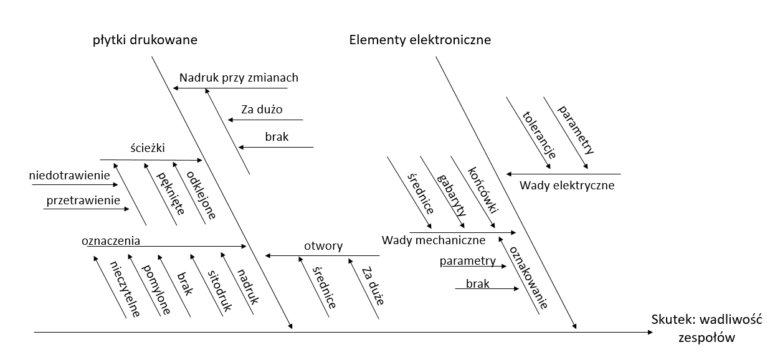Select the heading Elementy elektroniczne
[420, 40]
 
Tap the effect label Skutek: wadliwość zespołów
[707, 328]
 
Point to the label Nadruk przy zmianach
[239, 78]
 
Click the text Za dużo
[262, 110]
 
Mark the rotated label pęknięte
[170, 193]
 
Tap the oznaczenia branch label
[110, 240]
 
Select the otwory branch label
[323, 246]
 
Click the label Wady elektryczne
[567, 185]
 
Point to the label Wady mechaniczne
[433, 240]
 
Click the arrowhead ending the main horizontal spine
[650, 333]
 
